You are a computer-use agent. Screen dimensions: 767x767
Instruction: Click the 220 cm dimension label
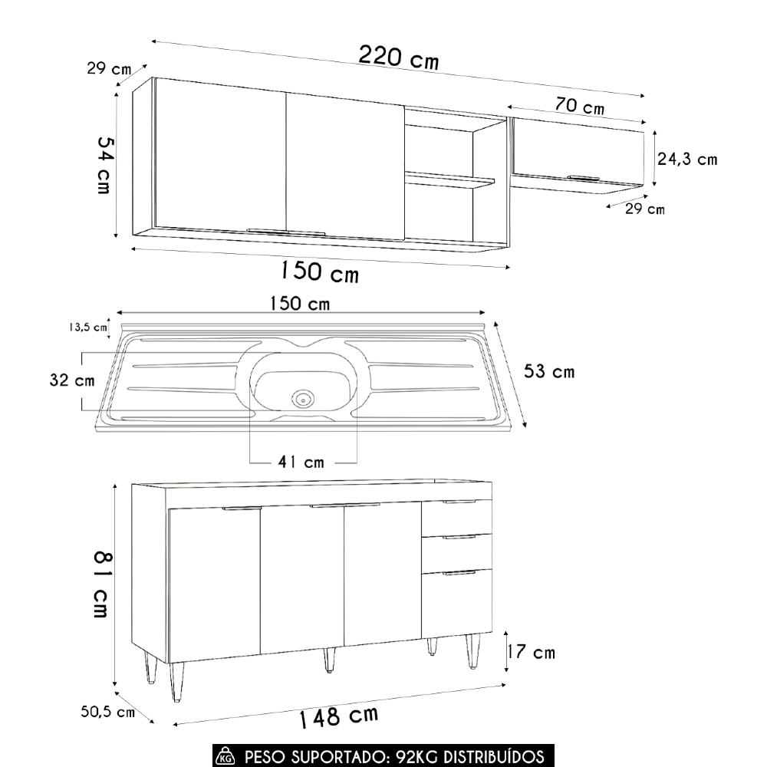point(398,57)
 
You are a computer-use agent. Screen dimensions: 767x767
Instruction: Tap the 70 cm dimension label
point(580,107)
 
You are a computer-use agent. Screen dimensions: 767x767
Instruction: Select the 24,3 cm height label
point(687,160)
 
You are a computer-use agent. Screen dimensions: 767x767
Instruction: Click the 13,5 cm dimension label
point(87,327)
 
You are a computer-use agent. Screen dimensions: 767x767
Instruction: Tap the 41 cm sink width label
point(302,463)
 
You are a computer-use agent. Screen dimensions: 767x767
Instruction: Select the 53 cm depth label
point(548,372)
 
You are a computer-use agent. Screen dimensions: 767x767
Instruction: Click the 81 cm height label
point(101,584)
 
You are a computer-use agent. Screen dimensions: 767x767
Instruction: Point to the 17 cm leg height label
point(531,653)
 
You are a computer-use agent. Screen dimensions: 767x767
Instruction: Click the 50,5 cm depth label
point(108,713)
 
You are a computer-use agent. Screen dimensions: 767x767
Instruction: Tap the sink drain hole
point(303,397)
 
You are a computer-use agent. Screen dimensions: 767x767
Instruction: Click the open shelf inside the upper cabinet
point(449,180)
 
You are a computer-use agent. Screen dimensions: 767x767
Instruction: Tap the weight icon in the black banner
point(225,758)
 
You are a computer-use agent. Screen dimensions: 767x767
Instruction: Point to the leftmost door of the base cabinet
point(214,583)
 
